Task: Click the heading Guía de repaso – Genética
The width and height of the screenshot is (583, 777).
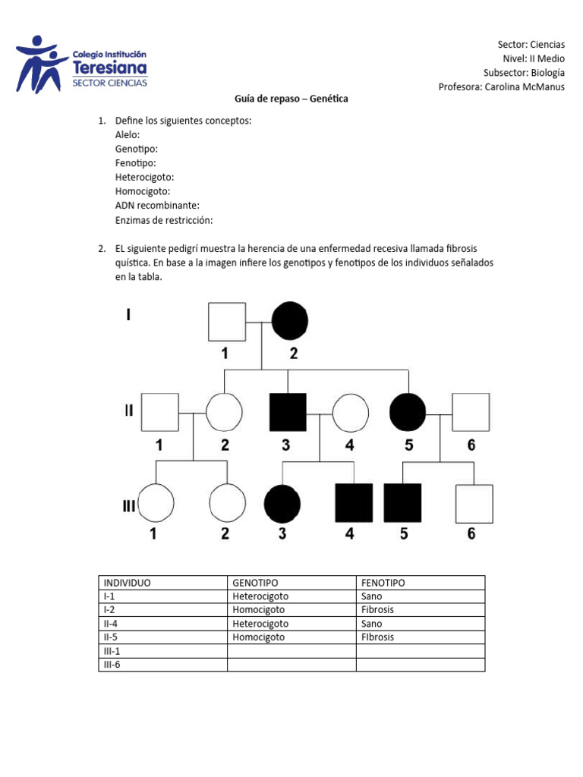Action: (290, 99)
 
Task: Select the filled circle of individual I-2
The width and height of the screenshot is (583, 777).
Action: (289, 322)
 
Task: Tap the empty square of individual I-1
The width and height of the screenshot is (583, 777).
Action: (227, 322)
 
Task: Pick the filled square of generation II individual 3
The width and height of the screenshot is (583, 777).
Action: (288, 412)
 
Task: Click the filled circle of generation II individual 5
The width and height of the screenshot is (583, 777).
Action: (408, 412)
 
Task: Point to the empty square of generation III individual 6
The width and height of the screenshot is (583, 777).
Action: (474, 503)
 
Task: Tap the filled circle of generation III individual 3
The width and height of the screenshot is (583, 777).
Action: (282, 503)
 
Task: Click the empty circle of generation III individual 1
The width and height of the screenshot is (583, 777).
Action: (155, 503)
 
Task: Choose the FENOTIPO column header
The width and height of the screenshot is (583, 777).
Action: (383, 583)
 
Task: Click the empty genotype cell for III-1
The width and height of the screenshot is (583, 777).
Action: (291, 651)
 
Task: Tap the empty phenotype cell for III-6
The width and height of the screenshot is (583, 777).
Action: (420, 665)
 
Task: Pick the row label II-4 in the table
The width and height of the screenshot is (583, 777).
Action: (112, 624)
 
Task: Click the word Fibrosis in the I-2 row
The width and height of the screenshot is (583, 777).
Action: (378, 610)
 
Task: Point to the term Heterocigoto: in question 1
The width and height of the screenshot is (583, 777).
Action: (145, 178)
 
